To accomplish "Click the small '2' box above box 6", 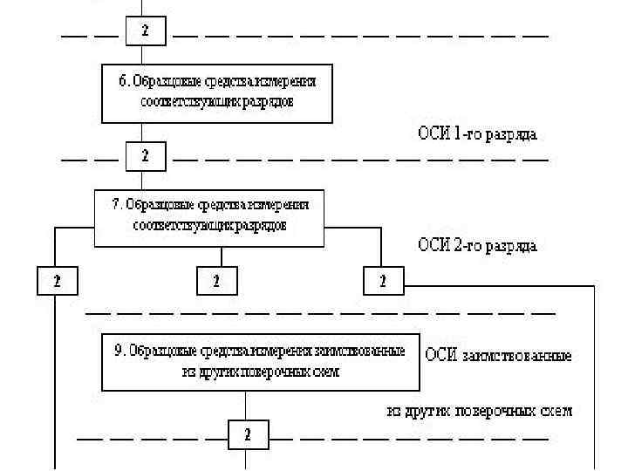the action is pyautogui.click(x=146, y=31).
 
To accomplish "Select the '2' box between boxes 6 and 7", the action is pyautogui.click(x=146, y=157).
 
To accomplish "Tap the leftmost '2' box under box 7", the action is pyautogui.click(x=57, y=281).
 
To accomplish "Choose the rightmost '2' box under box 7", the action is pyautogui.click(x=383, y=281).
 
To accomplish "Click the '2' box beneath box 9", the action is pyautogui.click(x=248, y=434).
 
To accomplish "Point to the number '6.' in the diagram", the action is pyautogui.click(x=125, y=81).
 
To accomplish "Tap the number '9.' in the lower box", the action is pyautogui.click(x=120, y=352).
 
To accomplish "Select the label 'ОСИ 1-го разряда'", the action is pyautogui.click(x=477, y=134).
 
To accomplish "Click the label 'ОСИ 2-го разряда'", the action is pyautogui.click(x=477, y=245).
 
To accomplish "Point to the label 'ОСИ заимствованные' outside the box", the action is pyautogui.click(x=498, y=356).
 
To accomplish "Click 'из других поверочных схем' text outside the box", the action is pyautogui.click(x=480, y=410).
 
